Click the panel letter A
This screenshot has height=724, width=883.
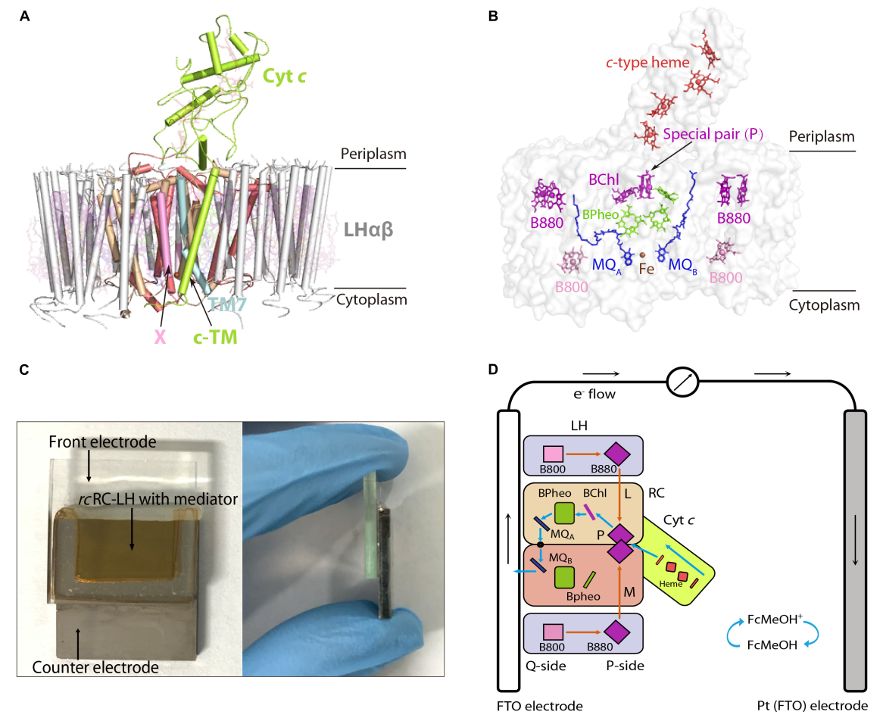(x=24, y=16)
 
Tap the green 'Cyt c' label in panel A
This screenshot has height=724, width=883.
(x=285, y=76)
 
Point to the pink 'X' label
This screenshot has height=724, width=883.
(x=161, y=337)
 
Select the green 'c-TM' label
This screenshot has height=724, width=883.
(x=215, y=337)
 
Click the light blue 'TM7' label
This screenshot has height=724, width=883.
(x=227, y=304)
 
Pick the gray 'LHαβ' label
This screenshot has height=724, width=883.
(x=368, y=229)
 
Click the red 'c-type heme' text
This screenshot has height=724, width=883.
(x=647, y=63)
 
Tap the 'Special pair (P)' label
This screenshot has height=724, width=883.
(x=713, y=134)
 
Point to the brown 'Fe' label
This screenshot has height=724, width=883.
(x=647, y=269)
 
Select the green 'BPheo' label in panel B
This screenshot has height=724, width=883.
(x=601, y=214)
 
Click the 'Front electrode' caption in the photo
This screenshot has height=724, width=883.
(x=102, y=442)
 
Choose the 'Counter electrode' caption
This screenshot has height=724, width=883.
(x=95, y=667)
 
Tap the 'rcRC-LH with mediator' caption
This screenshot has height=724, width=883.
(x=158, y=499)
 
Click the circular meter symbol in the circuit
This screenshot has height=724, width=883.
(x=682, y=382)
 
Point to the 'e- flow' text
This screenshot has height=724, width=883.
(x=594, y=394)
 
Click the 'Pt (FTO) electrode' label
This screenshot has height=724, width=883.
(x=813, y=705)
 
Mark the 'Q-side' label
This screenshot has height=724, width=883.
(x=546, y=666)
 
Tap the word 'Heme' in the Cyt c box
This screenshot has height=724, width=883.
(x=671, y=584)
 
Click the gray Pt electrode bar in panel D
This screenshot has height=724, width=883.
(x=855, y=550)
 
